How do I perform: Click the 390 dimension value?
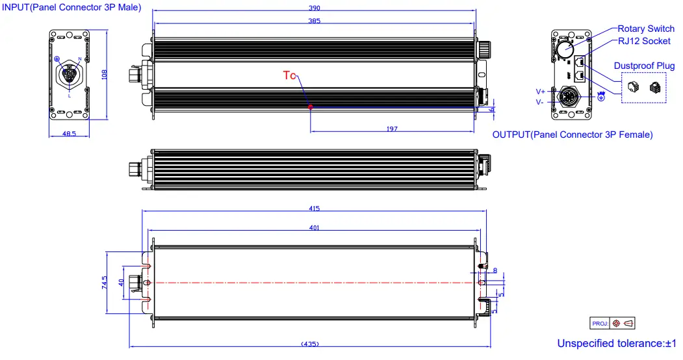(x=315, y=8)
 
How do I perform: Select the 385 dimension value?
(x=315, y=21)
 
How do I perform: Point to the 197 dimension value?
(x=392, y=129)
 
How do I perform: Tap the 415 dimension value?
(x=315, y=209)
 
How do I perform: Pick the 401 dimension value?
(x=315, y=227)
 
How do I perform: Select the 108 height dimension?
(x=104, y=75)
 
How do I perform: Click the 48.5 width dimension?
(x=69, y=134)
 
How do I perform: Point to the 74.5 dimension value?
(x=103, y=284)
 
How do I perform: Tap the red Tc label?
(x=289, y=75)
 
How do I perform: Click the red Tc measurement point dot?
(x=311, y=107)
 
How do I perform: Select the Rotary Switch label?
(x=645, y=29)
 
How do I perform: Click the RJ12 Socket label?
(x=643, y=41)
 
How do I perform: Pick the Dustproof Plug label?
(x=644, y=66)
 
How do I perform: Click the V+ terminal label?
(x=541, y=92)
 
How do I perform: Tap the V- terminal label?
(x=541, y=102)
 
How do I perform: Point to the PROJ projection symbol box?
(x=613, y=323)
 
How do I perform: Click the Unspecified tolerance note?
(x=617, y=343)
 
